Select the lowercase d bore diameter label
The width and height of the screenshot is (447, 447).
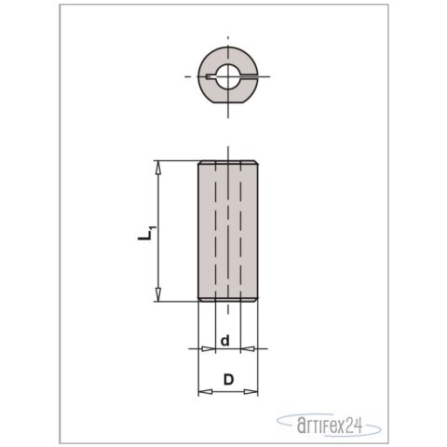tap(226, 341)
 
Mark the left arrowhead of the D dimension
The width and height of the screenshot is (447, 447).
tap(202, 394)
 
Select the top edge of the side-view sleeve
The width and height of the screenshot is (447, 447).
tap(226, 162)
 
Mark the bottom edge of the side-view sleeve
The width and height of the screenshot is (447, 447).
tap(226, 301)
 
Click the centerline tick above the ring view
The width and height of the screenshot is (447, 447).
tap(227, 42)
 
